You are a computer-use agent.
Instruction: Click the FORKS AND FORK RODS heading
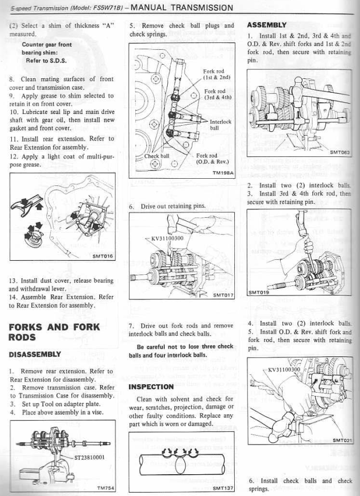[54, 332]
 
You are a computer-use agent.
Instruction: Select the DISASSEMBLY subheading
[35, 354]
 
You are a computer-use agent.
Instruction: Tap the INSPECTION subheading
[151, 387]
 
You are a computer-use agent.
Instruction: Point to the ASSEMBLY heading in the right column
[266, 25]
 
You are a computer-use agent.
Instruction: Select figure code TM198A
[222, 173]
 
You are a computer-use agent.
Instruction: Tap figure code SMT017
[222, 294]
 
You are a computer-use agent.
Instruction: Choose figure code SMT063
[339, 152]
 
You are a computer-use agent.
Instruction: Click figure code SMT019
[258, 292]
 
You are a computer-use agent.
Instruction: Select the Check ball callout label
[157, 156]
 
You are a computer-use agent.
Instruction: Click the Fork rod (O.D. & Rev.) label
[215, 159]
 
